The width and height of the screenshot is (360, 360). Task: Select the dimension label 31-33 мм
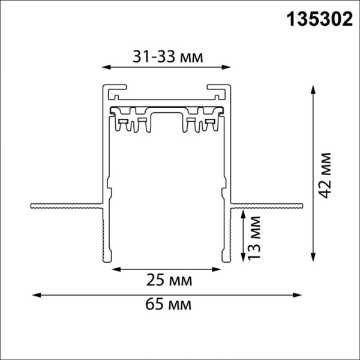point(167,57)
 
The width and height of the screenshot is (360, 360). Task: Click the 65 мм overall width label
point(170,305)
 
